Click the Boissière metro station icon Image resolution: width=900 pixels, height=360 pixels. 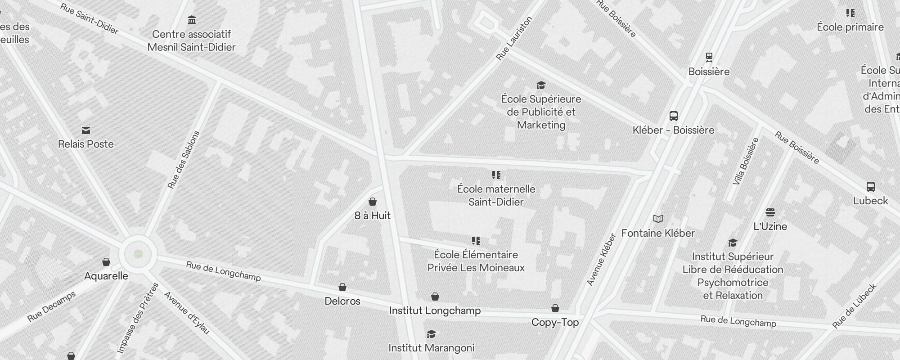coord(709,57)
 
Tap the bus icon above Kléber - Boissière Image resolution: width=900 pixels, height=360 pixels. coord(673,116)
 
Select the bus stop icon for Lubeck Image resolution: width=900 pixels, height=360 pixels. coord(870,187)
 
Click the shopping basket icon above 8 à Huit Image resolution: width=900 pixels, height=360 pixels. coord(373,202)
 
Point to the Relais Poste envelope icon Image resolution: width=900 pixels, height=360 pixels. coord(86,130)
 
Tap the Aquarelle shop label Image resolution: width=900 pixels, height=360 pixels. coord(106,276)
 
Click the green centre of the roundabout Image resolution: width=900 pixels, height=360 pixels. coord(139,254)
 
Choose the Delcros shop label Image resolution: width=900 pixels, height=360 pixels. coord(342,301)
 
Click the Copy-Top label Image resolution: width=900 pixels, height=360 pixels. coord(555,322)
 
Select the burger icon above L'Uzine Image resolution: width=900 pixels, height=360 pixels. coord(770,212)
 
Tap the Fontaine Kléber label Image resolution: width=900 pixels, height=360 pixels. coord(658,233)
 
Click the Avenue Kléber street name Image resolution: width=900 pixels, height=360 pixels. coord(601,260)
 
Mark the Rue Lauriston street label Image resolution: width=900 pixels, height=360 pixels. coord(514,39)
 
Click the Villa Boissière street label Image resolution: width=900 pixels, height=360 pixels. coord(746,161)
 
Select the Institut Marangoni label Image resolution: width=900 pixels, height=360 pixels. coord(431,348)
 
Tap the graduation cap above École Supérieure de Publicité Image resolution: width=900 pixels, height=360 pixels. coord(541,85)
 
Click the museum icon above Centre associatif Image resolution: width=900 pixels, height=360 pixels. coord(192,20)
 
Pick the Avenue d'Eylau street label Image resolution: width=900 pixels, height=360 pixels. coord(186,313)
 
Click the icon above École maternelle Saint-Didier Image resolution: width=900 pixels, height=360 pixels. coord(496,175)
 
